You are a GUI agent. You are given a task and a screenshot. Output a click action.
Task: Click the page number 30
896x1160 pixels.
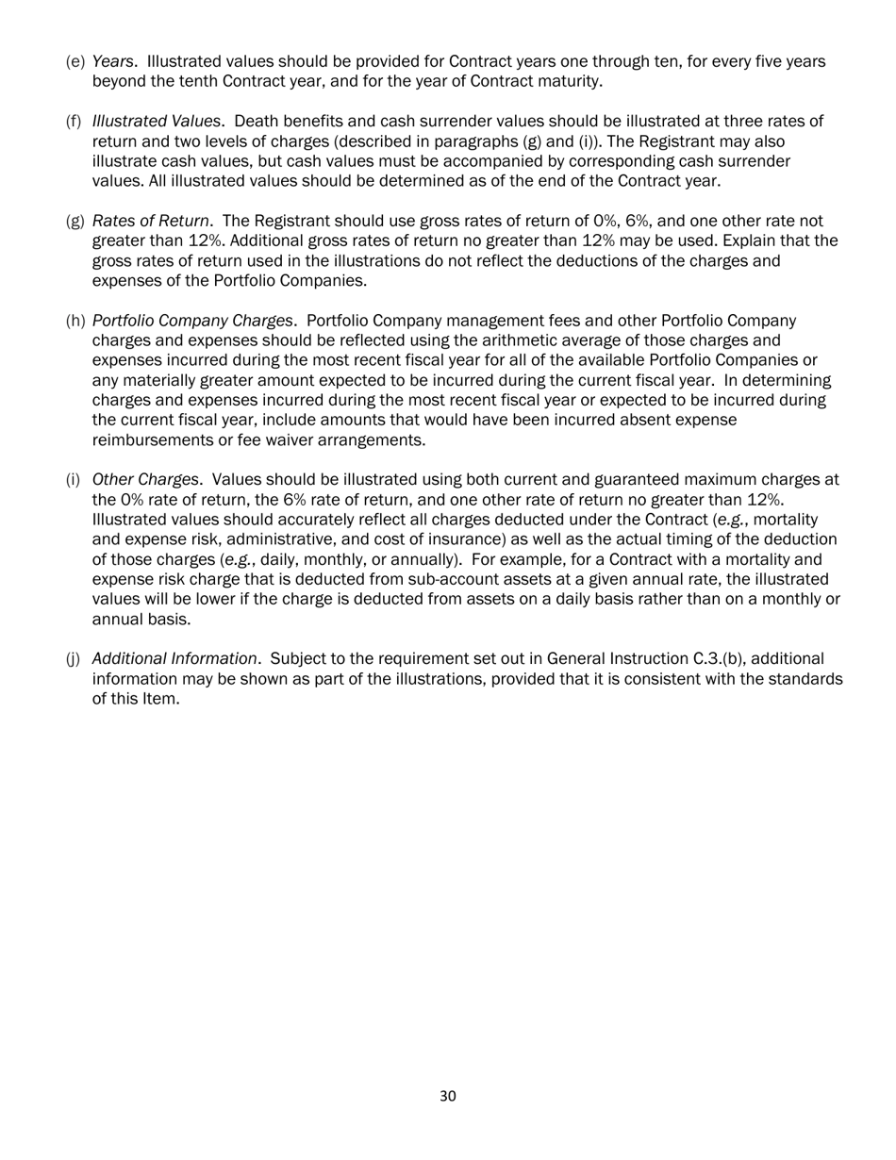tap(448, 1096)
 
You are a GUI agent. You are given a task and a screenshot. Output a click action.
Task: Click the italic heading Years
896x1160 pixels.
tap(112, 61)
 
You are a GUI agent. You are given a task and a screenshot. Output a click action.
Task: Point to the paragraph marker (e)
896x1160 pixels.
tap(75, 61)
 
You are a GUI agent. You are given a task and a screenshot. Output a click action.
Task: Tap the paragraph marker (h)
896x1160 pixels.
tap(75, 321)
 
